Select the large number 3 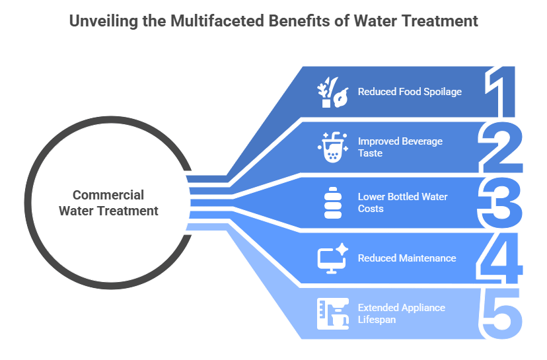(501, 201)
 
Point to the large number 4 (501, 258)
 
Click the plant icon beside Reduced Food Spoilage (332, 92)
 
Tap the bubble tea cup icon (332, 147)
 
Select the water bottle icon (332, 203)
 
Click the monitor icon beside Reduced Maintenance (332, 258)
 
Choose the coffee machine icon (332, 313)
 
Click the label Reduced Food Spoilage (410, 92)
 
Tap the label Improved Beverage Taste (400, 147)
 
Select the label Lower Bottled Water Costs (402, 202)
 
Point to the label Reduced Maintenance (407, 258)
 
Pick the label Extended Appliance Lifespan (401, 313)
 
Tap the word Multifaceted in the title (211, 21)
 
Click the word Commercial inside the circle (108, 195)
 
